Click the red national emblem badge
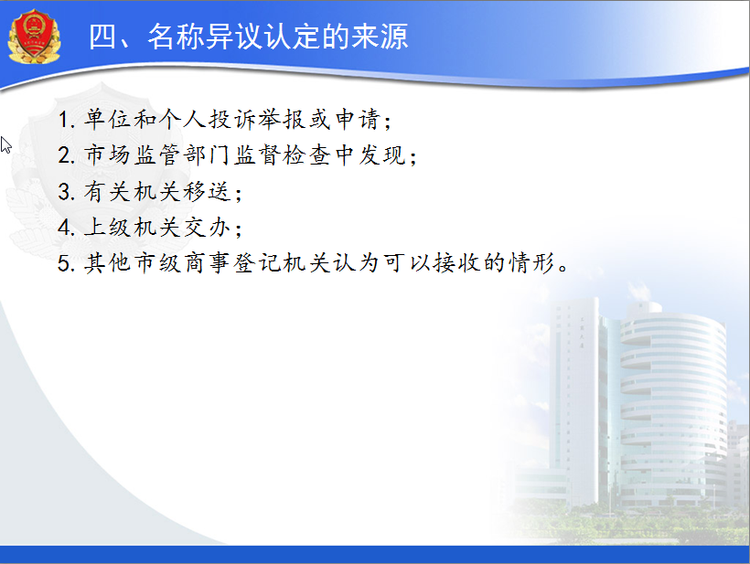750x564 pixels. coord(34,37)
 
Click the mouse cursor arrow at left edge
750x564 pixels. coord(5,144)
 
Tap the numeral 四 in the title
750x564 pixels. coord(102,37)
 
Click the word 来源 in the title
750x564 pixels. coord(380,37)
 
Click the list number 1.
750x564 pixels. coord(64,120)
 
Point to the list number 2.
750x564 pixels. coord(64,155)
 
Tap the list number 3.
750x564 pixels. coord(64,192)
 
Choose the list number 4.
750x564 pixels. coord(64,227)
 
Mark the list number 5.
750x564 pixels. coord(64,263)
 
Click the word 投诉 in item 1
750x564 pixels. coord(232,120)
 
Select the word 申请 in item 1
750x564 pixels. coord(358,120)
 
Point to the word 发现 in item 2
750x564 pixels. coord(381,155)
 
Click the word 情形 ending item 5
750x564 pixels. coord(531,263)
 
